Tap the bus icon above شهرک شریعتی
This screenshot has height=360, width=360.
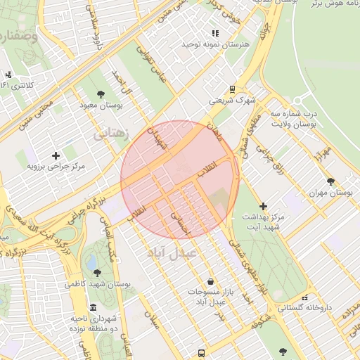coord(231,89)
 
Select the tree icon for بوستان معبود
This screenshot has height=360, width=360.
coord(102,94)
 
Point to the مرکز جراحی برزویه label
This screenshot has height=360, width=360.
coord(56,167)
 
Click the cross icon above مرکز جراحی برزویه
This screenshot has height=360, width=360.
coord(56,155)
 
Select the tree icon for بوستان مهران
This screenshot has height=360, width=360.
coord(330,181)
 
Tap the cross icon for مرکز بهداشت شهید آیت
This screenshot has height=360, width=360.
coord(263,206)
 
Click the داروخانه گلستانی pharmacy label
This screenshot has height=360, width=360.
coord(304,307)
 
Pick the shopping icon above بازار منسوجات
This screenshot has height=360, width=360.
coord(210,281)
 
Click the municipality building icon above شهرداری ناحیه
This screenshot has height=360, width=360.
coord(94,307)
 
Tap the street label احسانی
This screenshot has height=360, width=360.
coord(181,224)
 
